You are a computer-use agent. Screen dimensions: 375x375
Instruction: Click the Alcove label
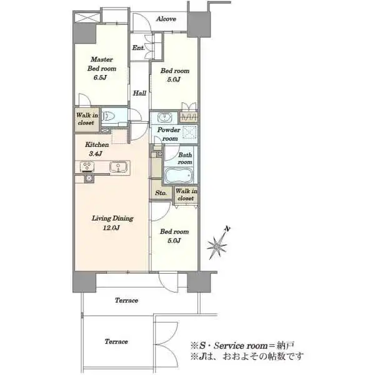tap(166, 19)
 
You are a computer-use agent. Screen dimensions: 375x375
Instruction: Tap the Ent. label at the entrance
tap(138, 48)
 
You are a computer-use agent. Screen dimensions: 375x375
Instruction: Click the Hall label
tap(139, 93)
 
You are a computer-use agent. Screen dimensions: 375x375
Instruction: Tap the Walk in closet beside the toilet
tap(86, 119)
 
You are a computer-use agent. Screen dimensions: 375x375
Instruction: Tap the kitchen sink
tap(116, 166)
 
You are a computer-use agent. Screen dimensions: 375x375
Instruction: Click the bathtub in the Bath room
tap(179, 174)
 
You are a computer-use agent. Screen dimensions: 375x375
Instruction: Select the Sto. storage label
tap(161, 193)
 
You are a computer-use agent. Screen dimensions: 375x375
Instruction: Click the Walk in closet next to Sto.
tap(185, 194)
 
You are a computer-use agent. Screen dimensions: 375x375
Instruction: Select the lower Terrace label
tap(117, 341)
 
